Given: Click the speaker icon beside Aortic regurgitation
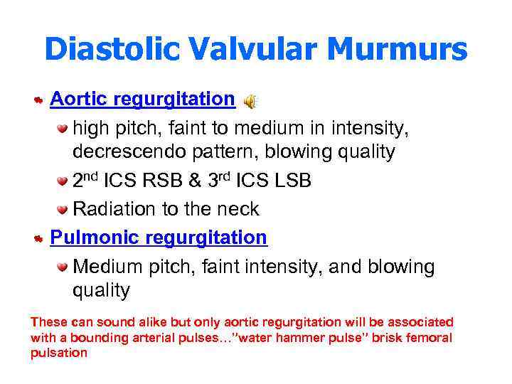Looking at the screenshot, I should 250,102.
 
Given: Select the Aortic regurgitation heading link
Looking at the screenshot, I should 142,99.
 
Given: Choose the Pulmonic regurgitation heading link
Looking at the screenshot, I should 158,238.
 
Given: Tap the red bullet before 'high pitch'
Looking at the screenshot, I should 63,129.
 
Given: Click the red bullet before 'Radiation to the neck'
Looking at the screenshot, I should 63,210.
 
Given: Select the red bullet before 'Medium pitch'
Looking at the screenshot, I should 63,267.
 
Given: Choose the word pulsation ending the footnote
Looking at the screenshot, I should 58,353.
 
